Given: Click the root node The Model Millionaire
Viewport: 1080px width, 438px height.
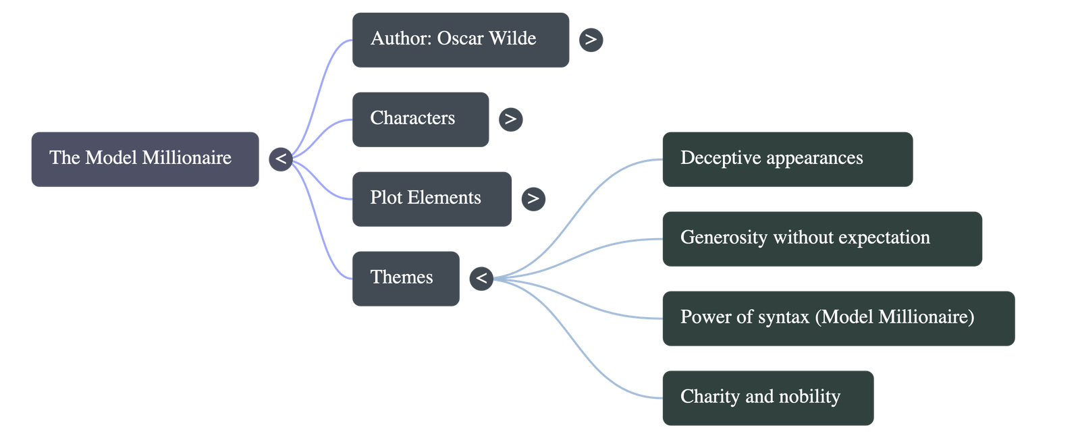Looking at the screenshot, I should pyautogui.click(x=144, y=159).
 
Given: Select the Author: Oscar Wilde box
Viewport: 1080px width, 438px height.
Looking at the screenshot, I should pyautogui.click(x=460, y=39).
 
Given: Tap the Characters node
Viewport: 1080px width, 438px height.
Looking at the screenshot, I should pyautogui.click(x=421, y=119).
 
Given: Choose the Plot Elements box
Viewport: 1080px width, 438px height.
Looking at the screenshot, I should pyautogui.click(x=431, y=198).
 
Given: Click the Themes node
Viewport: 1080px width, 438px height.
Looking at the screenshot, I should pyautogui.click(x=406, y=278).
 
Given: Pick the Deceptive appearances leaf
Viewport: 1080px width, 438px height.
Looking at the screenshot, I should pyautogui.click(x=787, y=159).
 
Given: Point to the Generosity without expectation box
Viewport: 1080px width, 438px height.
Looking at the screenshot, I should pyautogui.click(x=821, y=238).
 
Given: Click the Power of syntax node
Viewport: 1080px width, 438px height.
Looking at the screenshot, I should pyautogui.click(x=838, y=318).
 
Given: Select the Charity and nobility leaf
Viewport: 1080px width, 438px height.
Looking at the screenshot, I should pyautogui.click(x=767, y=398).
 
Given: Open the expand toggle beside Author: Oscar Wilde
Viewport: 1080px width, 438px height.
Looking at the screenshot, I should pyautogui.click(x=591, y=40).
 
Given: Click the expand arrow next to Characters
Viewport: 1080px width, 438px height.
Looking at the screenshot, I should pyautogui.click(x=510, y=119).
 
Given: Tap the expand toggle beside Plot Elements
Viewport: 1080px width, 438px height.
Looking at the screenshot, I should pyautogui.click(x=533, y=198).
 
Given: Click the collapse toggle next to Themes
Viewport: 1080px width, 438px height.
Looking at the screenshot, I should pyautogui.click(x=481, y=278).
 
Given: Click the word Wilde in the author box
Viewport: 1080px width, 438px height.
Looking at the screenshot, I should pyautogui.click(x=512, y=38).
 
